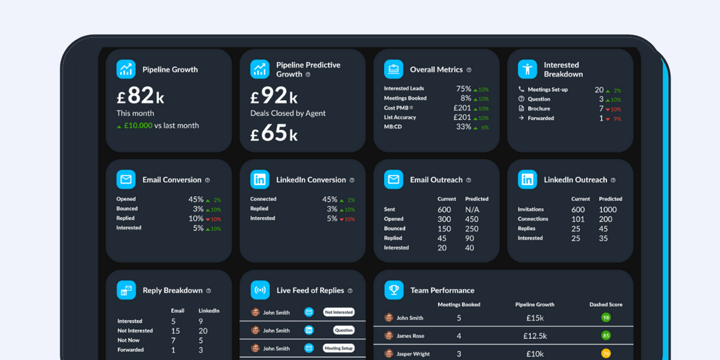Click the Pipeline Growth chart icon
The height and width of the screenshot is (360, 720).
pyautogui.click(x=126, y=69)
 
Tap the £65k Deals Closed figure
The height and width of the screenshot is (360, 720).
pyautogui.click(x=274, y=133)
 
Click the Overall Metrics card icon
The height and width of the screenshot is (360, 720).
pyautogui.click(x=394, y=69)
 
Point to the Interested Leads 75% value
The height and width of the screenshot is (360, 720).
pyautogui.click(x=463, y=89)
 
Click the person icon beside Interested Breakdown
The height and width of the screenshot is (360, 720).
pyautogui.click(x=527, y=69)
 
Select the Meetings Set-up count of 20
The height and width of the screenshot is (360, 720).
pyautogui.click(x=599, y=89)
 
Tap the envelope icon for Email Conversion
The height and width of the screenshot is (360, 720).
pyautogui.click(x=126, y=179)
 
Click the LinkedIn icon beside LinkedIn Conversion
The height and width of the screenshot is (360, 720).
pyautogui.click(x=259, y=179)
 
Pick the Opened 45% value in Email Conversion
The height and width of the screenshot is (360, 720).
pyautogui.click(x=195, y=199)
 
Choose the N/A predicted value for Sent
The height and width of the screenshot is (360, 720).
pyautogui.click(x=472, y=210)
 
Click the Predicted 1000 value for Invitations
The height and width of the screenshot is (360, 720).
pyautogui.click(x=607, y=210)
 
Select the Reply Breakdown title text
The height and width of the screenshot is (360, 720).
pyautogui.click(x=172, y=290)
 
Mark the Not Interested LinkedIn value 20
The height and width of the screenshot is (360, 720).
pyautogui.click(x=202, y=330)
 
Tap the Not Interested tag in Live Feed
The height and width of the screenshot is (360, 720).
pyautogui.click(x=338, y=312)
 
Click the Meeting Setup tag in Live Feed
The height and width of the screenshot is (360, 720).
pyautogui.click(x=338, y=348)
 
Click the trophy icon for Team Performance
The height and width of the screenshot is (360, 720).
pyautogui.click(x=394, y=290)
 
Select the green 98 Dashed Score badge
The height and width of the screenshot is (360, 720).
pyautogui.click(x=605, y=318)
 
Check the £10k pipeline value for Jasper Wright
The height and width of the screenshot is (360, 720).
pyautogui.click(x=535, y=354)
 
